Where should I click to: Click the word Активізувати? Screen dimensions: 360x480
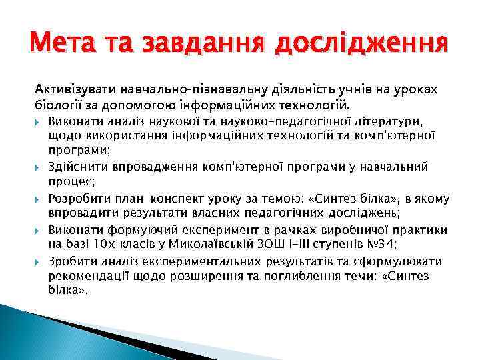(x=74, y=89)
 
